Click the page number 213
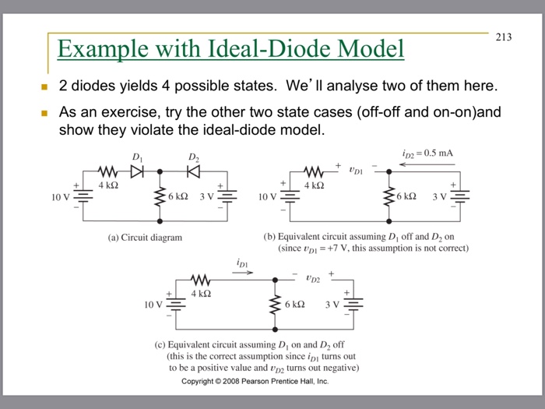(504, 37)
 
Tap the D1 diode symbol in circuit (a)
(137, 171)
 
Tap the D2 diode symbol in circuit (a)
(194, 171)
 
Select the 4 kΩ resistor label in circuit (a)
(107, 185)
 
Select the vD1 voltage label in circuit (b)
(357, 165)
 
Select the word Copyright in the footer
(200, 381)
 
